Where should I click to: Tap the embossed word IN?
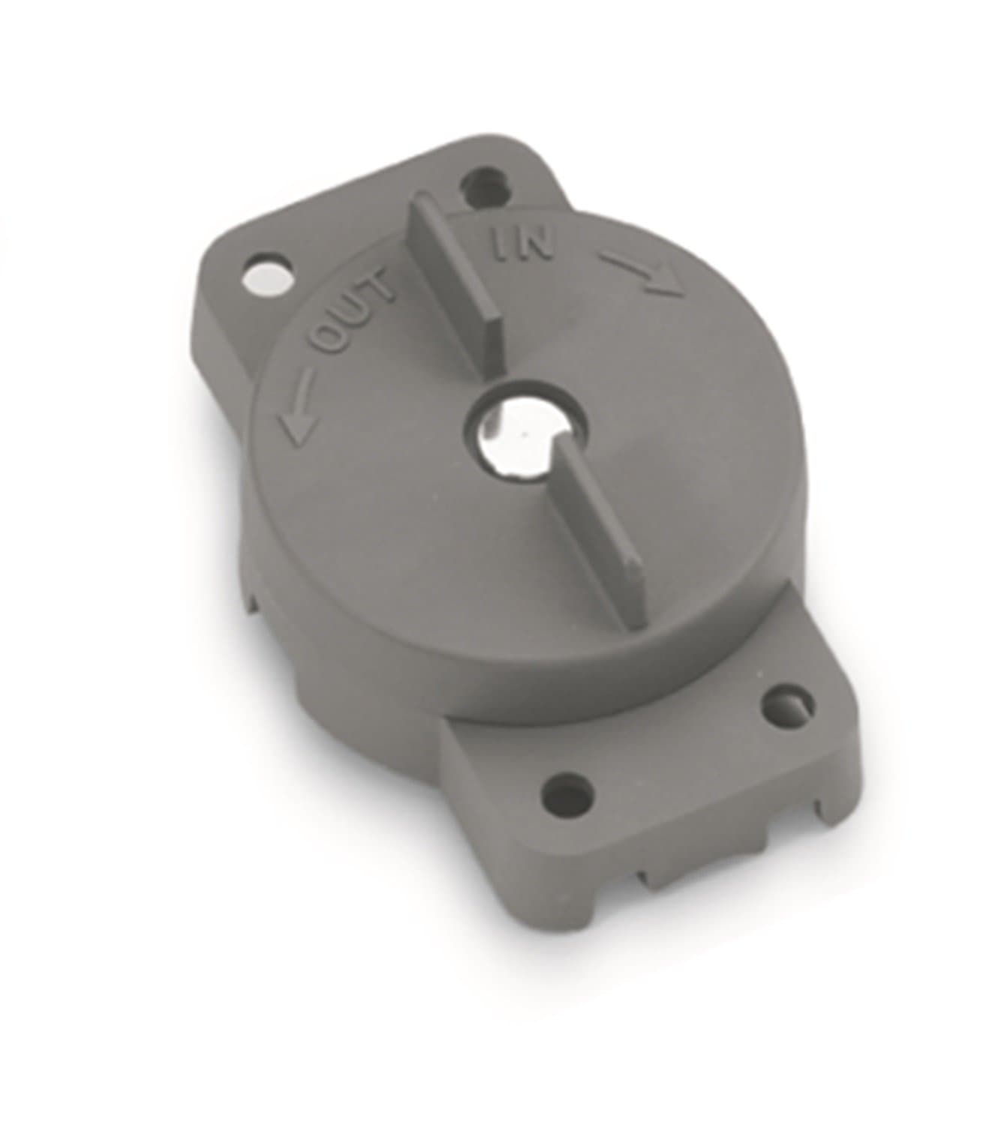coord(522,247)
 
